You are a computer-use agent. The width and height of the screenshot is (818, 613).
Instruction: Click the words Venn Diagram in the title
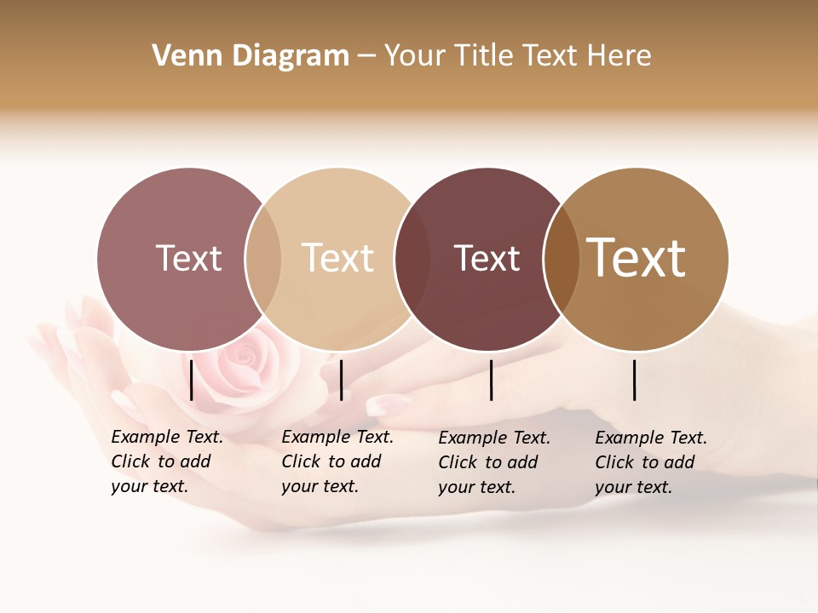coord(251,56)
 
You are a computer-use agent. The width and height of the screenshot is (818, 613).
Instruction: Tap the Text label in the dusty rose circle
coord(188,258)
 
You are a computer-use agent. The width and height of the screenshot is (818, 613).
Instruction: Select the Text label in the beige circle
coord(338,258)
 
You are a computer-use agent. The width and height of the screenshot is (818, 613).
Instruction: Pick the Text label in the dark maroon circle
coord(487,258)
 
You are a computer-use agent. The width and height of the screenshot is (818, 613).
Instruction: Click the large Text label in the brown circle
coord(637,258)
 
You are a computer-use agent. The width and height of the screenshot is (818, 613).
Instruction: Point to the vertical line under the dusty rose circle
coord(192,380)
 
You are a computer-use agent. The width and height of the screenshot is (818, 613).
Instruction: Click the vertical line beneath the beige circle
coord(341,380)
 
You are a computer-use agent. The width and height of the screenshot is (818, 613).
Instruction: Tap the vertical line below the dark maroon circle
coord(492,380)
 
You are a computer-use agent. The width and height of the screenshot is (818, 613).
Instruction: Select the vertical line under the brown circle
coord(635,380)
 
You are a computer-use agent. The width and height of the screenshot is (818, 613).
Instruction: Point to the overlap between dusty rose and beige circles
coord(263,258)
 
